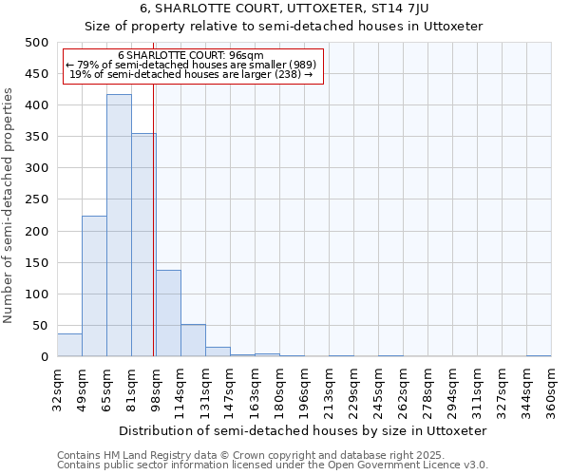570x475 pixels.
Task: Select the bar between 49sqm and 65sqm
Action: [94, 286]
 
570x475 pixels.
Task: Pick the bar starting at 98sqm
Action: [168, 313]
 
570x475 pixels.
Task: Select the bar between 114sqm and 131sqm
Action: [193, 341]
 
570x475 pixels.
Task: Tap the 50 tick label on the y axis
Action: [40, 326]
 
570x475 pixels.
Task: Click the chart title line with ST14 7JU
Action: [284, 9]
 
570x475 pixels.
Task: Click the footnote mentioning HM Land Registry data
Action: [237, 455]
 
